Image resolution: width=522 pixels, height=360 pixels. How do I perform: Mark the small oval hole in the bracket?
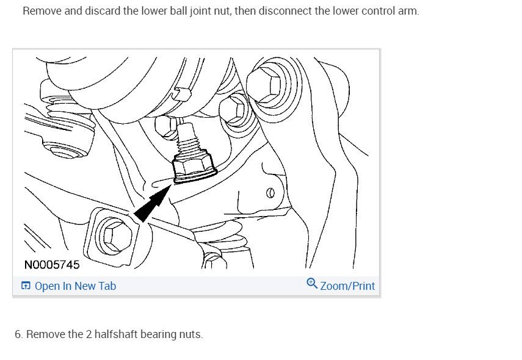[x=270, y=193]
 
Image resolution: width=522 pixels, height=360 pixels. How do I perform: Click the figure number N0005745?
[x=52, y=265]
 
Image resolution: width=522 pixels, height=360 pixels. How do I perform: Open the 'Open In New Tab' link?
[x=75, y=286]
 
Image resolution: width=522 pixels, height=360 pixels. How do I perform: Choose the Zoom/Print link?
[x=347, y=286]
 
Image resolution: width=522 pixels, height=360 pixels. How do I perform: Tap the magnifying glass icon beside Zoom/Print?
[x=312, y=284]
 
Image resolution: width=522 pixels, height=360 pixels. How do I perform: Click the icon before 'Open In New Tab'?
[x=26, y=286]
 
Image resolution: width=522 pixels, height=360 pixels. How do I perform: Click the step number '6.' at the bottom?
[x=19, y=334]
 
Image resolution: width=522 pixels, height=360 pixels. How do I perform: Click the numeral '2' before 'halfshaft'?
[x=68, y=334]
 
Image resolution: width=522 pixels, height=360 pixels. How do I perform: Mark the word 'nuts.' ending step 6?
[x=190, y=334]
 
